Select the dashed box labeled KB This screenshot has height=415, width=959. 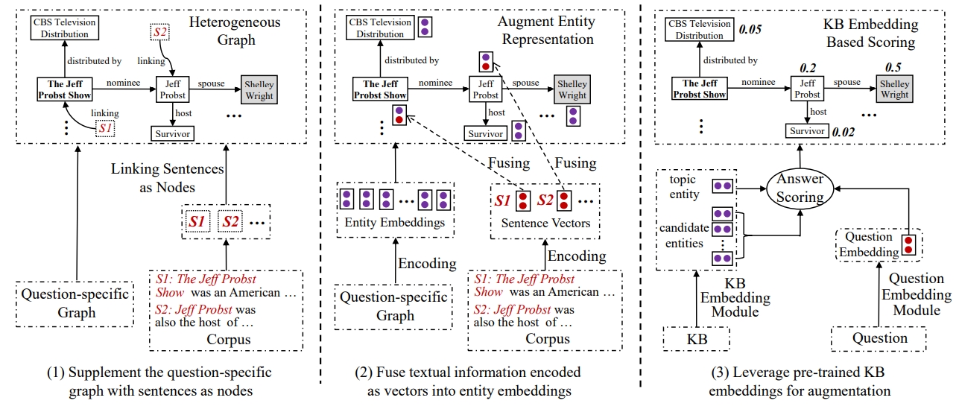[x=695, y=339]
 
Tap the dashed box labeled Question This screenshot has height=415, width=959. [x=879, y=339]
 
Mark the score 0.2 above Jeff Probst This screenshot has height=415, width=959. [x=808, y=68]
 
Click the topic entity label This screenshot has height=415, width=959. [x=684, y=188]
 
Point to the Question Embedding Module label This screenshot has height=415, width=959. [x=916, y=295]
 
